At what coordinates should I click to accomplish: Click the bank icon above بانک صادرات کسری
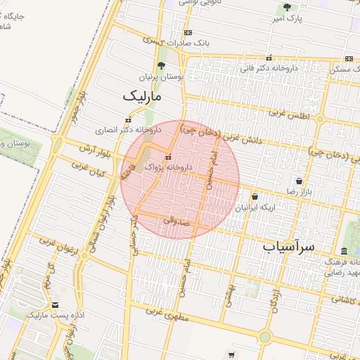[x=188, y=32]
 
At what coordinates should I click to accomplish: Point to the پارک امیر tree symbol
[x=286, y=8]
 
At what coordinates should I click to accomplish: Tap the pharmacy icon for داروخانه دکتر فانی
[x=269, y=58]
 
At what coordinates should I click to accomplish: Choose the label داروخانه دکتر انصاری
[x=129, y=130]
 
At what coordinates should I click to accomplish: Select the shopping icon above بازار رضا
[x=299, y=181]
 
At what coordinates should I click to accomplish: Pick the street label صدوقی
[x=176, y=221]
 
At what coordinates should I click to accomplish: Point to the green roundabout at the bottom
[x=264, y=337]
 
